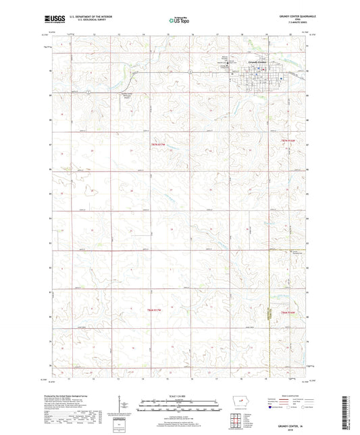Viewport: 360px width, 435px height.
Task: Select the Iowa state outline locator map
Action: pyautogui.click(x=239, y=407)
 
